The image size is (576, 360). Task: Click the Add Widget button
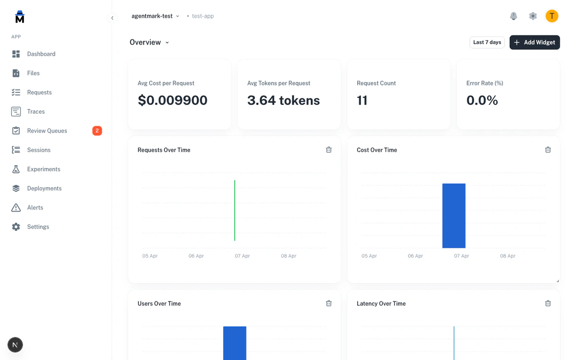coord(534,42)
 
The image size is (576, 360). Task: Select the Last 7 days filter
coord(487,42)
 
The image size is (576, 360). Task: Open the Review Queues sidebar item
coord(47,131)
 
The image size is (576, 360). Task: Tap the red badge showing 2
coord(97,131)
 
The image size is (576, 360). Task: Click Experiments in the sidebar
coord(44,169)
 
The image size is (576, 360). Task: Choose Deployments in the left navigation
coord(44,188)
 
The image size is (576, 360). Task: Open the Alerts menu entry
coord(35,207)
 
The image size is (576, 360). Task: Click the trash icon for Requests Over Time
coord(329,150)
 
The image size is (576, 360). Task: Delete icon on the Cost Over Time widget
coord(548,150)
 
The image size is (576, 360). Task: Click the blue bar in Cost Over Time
coord(454,216)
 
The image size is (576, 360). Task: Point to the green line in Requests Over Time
coord(235,210)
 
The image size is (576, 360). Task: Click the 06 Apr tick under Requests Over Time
coord(196,256)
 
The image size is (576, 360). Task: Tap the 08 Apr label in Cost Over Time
coord(508,256)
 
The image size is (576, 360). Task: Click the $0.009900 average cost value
coord(172,100)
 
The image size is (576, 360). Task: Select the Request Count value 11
coord(362,100)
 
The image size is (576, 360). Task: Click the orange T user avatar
coord(552,16)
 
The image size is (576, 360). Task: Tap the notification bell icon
coord(514,16)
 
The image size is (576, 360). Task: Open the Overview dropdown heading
coord(149,42)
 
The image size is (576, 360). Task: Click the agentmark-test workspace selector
coord(155,16)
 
